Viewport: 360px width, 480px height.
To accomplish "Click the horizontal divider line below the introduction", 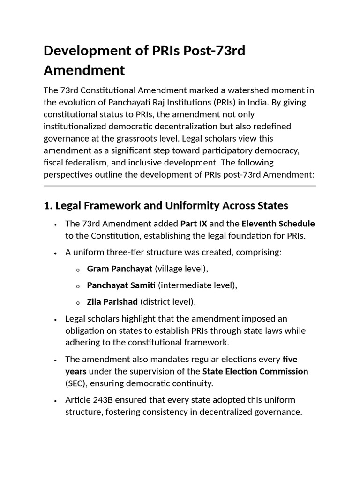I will tap(180, 186).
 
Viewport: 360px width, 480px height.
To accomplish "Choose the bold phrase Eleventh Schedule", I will tap(278, 224).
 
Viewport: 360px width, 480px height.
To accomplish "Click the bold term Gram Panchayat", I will tap(120, 269).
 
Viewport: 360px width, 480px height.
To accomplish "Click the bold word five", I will tap(290, 360).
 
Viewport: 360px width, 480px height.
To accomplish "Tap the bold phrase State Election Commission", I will tap(255, 371).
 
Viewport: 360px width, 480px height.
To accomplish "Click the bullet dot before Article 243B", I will tap(55, 401).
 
